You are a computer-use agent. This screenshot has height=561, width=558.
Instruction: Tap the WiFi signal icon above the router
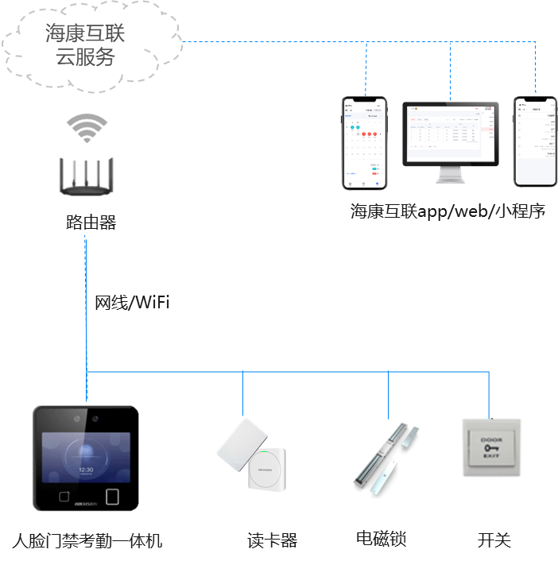click(86, 128)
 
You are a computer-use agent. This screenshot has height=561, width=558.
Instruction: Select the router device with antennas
click(86, 176)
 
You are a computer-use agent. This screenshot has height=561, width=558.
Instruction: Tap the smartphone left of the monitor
click(365, 143)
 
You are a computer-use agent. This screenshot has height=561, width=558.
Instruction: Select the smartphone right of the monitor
click(534, 141)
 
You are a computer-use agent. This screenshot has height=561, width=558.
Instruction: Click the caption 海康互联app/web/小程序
click(448, 211)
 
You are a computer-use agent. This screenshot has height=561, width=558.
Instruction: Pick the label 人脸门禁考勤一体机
click(87, 541)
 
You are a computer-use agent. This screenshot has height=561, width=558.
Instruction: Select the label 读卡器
click(273, 541)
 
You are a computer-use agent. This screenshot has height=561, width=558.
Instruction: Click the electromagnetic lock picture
click(387, 458)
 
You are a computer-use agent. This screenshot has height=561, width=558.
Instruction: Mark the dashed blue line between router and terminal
click(86, 318)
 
